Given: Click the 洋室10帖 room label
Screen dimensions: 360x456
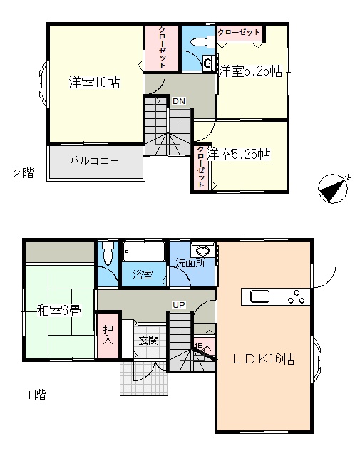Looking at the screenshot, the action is [94, 83].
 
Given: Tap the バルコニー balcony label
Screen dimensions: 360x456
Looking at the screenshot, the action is [95, 160].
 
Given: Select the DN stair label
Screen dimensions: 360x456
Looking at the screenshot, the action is [179, 101].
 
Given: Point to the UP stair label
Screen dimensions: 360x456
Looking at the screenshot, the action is [179, 305].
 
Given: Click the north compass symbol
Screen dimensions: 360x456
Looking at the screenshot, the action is [334, 188].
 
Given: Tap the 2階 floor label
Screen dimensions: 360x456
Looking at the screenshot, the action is [24, 173].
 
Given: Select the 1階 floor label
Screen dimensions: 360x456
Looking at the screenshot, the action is [36, 395].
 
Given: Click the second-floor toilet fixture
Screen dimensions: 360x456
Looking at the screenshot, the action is [202, 41].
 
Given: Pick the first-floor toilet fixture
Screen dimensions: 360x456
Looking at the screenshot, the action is [108, 252].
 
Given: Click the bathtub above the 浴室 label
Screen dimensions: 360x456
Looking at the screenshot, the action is [143, 252].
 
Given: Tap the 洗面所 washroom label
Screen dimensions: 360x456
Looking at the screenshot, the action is [190, 263].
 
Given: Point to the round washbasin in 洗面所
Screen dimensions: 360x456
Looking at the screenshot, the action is [202, 250].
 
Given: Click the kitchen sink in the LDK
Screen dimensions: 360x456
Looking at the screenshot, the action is [260, 297].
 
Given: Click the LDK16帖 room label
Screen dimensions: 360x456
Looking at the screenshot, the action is [263, 359].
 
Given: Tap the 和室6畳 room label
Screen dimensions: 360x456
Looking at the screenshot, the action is [58, 311].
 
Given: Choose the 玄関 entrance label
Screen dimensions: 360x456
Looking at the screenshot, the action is [149, 341].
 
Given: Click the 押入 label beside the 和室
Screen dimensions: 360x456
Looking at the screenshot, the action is [108, 335].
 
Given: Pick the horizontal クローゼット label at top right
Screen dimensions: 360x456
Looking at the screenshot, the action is [239, 32].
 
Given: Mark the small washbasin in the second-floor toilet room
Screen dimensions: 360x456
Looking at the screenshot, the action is [207, 62].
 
